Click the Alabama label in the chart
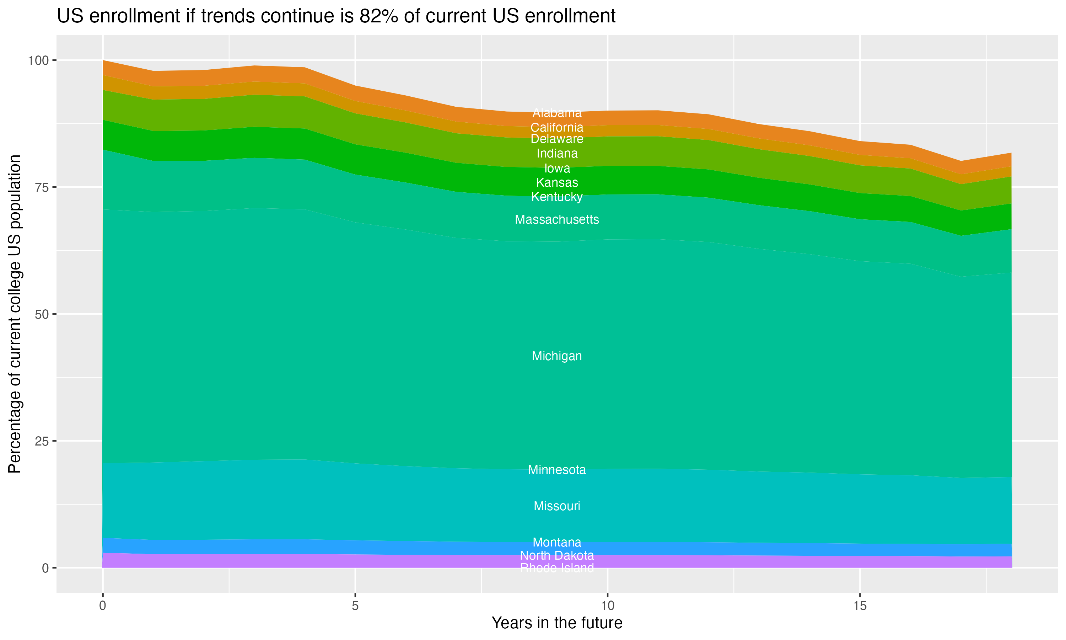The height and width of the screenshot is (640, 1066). click(557, 113)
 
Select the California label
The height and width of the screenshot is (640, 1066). click(557, 128)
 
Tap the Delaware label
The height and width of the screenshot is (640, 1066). click(557, 139)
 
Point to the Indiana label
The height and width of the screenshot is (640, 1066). click(557, 154)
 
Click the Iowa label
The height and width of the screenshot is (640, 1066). click(557, 168)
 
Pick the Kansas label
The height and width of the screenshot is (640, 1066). click(557, 182)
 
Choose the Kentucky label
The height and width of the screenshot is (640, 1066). click(557, 197)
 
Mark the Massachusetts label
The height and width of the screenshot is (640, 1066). click(557, 219)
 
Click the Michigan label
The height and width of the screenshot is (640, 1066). click(557, 356)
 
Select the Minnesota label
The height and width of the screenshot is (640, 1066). click(557, 470)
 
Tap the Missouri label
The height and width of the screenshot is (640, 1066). click(557, 506)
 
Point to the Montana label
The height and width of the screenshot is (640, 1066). click(557, 543)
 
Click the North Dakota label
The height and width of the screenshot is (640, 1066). click(557, 555)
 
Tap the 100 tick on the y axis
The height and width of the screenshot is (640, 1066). click(38, 60)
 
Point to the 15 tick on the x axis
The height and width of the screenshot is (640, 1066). click(860, 606)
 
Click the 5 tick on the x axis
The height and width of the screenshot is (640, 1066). click(355, 606)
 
